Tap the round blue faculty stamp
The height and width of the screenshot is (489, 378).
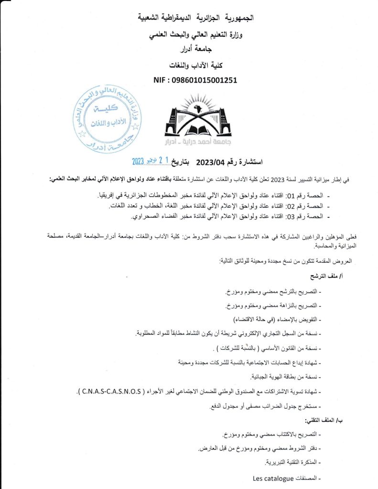[105, 117]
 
